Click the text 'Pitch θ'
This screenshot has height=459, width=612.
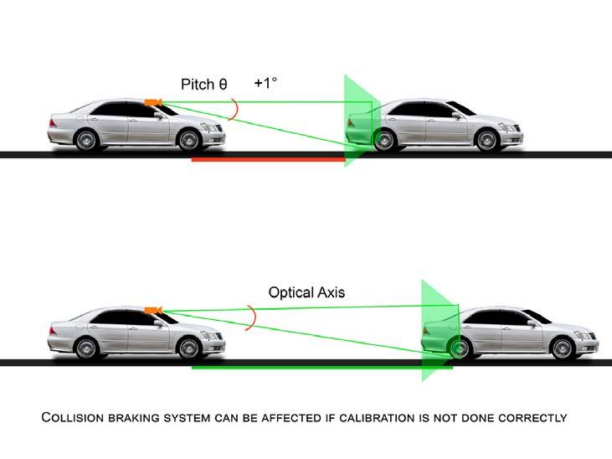(x=203, y=85)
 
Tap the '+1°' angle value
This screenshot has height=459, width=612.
(x=265, y=84)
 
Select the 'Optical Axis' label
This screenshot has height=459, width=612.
(x=306, y=293)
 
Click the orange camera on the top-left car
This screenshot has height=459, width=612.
(x=152, y=102)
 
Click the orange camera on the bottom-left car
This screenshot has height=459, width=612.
(x=152, y=311)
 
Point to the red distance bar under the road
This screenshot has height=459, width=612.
(x=268, y=159)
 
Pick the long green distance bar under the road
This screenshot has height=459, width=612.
(x=321, y=367)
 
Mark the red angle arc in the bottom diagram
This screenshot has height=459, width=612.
(x=253, y=317)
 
